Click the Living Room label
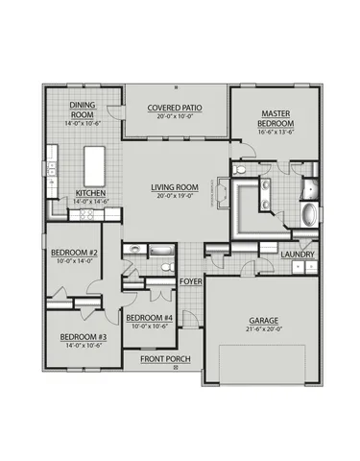click(174, 188)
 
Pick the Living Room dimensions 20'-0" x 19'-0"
click(174, 197)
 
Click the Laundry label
click(298, 254)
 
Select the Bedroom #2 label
click(72, 254)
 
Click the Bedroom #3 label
click(82, 337)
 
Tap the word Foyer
click(190, 281)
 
